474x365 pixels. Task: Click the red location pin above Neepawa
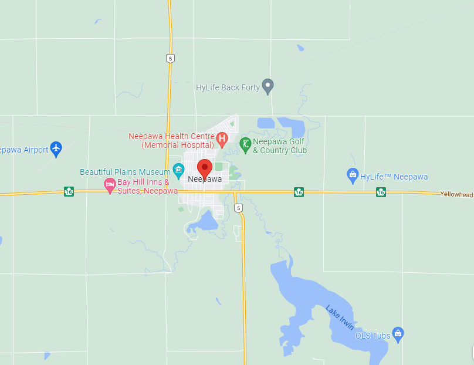coord(204,167)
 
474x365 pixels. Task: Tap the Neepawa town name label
coord(205,179)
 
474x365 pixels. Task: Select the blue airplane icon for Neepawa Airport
coord(56,149)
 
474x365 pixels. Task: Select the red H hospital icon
coord(222,140)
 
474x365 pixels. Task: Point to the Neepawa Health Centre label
coord(171,140)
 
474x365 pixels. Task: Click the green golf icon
coord(245,144)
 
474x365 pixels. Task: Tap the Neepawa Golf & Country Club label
coord(280,146)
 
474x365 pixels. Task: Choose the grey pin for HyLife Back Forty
coord(268,86)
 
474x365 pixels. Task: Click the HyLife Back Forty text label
coord(228,87)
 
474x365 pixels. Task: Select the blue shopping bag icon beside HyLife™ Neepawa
coord(353,175)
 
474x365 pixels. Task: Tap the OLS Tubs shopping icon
coord(398,334)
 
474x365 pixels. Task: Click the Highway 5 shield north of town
coord(170,58)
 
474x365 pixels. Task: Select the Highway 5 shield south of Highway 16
coord(238,208)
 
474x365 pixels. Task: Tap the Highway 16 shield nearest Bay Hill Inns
coord(69,191)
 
